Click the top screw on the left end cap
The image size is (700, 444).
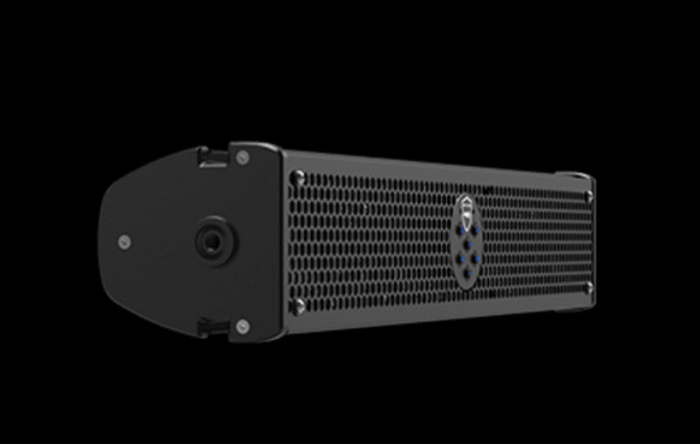[x=242, y=158]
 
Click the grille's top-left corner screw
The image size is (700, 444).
[x=299, y=176]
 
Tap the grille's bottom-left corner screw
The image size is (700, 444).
[x=299, y=306]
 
